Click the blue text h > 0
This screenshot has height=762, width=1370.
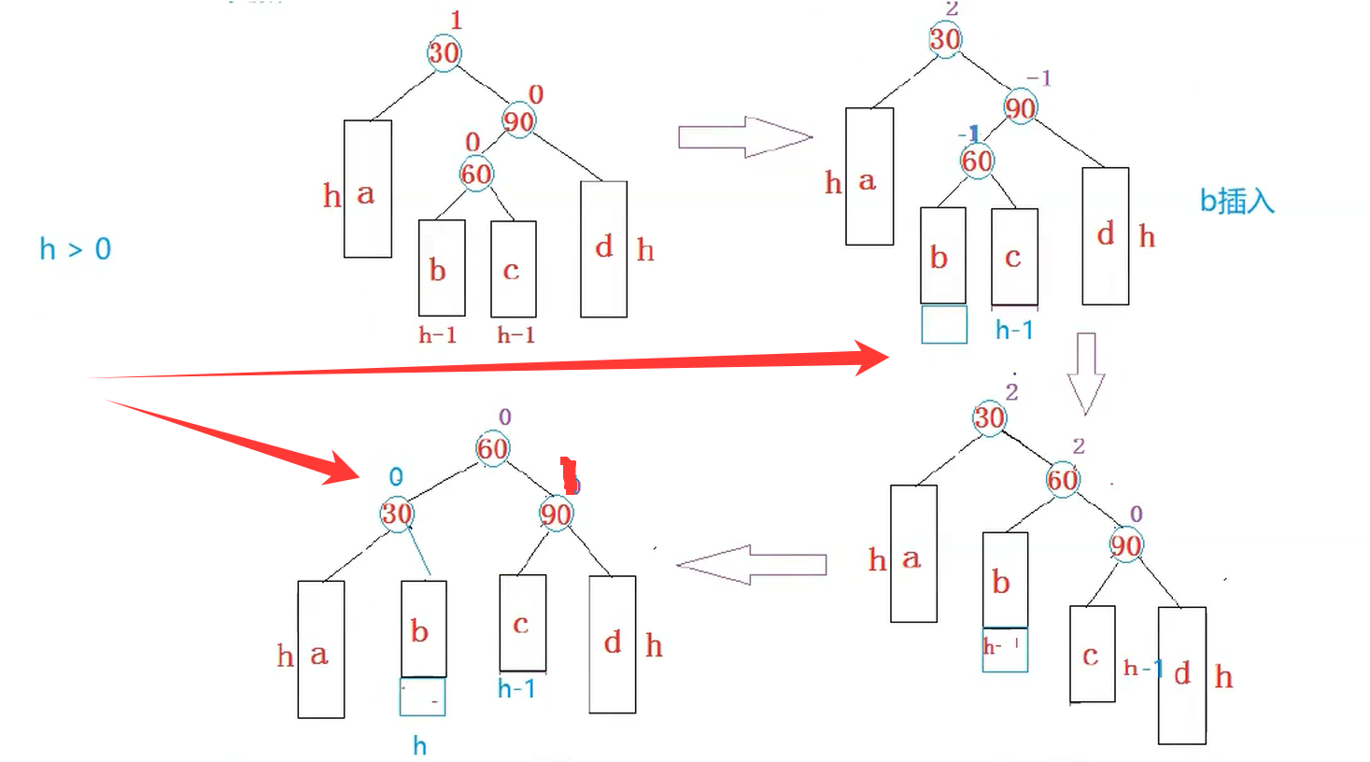tap(75, 249)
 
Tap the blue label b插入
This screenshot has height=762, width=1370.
tap(1236, 201)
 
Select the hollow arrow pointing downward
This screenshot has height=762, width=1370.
tap(1086, 373)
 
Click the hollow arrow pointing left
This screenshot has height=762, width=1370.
tap(751, 565)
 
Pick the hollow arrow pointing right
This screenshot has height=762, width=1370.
tap(745, 137)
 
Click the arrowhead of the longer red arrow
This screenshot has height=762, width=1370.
tap(869, 357)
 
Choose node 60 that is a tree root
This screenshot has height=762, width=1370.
tap(492, 448)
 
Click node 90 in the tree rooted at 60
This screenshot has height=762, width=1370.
tap(556, 514)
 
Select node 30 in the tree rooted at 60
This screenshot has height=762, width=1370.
tap(397, 514)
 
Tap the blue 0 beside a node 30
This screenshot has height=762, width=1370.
tap(396, 477)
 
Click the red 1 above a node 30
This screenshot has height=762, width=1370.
tap(456, 20)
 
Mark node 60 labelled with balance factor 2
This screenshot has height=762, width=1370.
tap(1063, 480)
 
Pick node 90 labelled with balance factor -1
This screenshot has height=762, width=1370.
tap(1020, 108)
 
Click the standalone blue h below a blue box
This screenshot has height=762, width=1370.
tap(420, 746)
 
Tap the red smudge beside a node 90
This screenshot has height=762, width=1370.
tap(569, 475)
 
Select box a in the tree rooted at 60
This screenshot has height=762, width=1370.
tap(321, 650)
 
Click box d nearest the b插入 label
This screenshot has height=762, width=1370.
tap(1106, 236)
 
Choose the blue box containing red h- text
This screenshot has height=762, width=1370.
tap(1005, 650)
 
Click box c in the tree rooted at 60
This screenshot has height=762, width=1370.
tap(522, 623)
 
